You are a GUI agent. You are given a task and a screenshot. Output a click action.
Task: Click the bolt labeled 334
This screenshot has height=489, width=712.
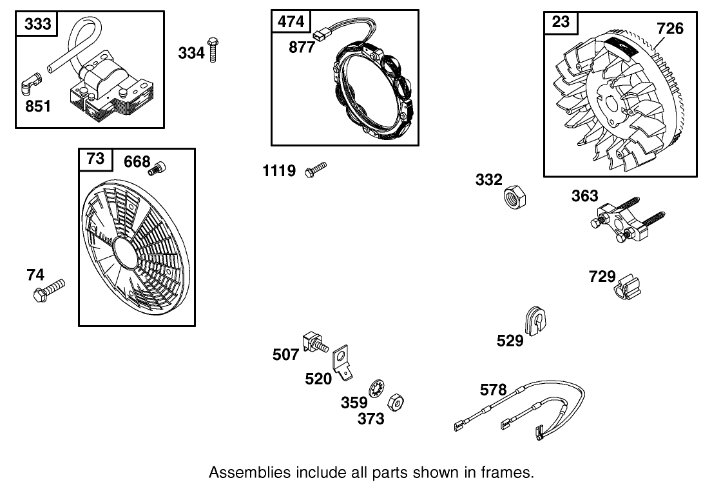point(214,50)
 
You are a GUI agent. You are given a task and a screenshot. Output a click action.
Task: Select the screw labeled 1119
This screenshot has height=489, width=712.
point(316,169)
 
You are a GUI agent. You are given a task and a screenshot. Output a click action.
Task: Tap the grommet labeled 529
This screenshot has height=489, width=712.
point(535,319)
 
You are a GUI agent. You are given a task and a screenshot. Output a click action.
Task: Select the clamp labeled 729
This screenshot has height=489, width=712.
point(628,287)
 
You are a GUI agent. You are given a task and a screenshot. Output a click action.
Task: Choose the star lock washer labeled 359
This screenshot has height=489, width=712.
point(376,390)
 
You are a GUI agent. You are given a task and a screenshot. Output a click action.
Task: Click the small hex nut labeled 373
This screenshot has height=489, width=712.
point(395,403)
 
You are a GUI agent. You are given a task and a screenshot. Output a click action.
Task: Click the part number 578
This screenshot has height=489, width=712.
point(493,390)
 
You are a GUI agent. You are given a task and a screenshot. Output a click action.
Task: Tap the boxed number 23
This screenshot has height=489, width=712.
point(561,23)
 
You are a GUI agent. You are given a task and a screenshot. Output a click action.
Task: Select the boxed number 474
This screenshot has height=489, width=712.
point(291,21)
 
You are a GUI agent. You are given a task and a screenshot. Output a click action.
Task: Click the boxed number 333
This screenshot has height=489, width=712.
point(37,25)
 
